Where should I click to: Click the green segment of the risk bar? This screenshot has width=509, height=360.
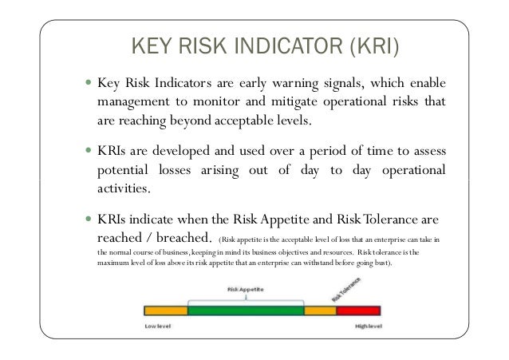[x=246, y=310]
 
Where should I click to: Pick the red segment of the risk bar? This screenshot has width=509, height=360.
[x=360, y=310]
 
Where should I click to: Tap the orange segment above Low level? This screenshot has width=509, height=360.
[x=165, y=310]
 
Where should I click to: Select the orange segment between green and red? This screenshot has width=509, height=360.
[x=321, y=310]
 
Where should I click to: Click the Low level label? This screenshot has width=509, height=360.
[x=157, y=326]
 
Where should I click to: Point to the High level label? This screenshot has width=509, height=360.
[x=369, y=326]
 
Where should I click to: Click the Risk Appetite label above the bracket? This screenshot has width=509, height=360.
[x=246, y=288]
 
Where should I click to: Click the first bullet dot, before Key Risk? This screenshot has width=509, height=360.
[x=87, y=84]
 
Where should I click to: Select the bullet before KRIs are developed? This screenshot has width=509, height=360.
[x=87, y=152]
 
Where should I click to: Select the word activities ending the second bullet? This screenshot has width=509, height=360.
[x=124, y=189]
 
